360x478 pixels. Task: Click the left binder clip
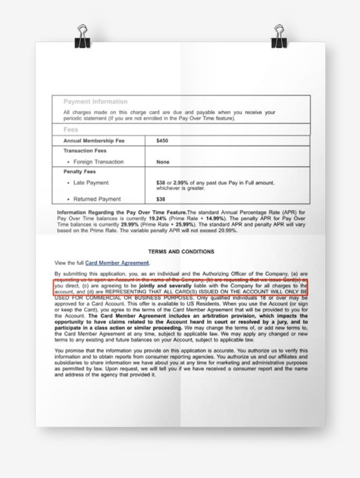point(82,37)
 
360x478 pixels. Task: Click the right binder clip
point(279,37)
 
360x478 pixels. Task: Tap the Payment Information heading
point(95,101)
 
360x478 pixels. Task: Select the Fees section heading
point(70,129)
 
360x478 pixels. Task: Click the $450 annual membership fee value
point(162,141)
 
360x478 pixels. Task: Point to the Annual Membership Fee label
point(94,141)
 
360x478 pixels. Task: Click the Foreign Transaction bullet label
point(98,162)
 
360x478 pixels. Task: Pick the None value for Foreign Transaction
point(163,162)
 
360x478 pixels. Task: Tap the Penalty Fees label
point(79,172)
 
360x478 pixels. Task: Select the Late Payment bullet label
point(91,183)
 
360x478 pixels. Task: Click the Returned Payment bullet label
point(97,199)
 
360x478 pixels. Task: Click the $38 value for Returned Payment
point(161,199)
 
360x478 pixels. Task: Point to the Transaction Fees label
point(84,151)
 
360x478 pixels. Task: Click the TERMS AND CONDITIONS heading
point(181,252)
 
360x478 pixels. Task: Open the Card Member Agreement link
point(117,263)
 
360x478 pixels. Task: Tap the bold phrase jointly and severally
point(165,285)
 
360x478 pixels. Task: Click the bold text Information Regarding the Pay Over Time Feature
point(122,212)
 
